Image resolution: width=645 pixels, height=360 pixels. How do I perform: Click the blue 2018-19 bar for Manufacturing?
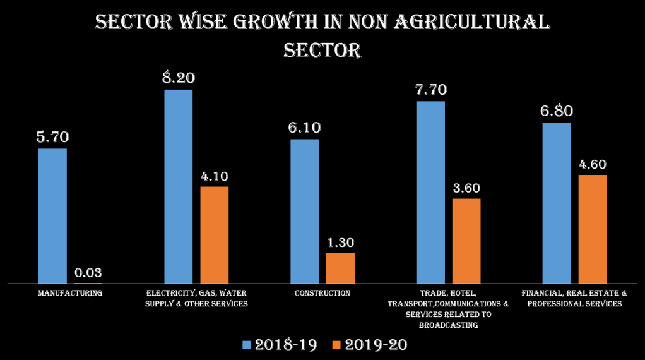(x=52, y=215)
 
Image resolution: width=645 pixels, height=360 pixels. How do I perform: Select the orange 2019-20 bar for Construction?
(x=340, y=268)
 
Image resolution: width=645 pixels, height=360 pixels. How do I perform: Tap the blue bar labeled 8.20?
(x=179, y=186)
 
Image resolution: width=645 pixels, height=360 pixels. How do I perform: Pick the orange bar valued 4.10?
(x=214, y=234)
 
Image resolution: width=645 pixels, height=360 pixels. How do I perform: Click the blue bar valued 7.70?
(x=431, y=192)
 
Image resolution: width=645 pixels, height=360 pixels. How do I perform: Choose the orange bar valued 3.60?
(x=466, y=241)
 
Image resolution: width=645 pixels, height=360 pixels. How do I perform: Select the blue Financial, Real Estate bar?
(x=557, y=203)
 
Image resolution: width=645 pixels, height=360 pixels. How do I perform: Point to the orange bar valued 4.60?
(x=592, y=229)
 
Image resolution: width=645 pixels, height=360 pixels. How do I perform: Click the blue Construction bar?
(x=304, y=211)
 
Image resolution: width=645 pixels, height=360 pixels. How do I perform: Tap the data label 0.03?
(x=88, y=273)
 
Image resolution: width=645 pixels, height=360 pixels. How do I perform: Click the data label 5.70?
(x=52, y=137)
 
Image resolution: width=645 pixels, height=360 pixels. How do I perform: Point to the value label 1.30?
(x=340, y=243)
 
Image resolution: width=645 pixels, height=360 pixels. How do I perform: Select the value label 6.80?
(x=556, y=111)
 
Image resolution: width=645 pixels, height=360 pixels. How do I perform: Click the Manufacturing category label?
(x=70, y=293)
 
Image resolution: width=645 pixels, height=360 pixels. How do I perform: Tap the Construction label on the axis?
(x=322, y=293)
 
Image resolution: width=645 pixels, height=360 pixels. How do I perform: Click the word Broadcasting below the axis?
(x=448, y=325)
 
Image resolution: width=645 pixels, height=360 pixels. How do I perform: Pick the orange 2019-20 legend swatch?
(x=336, y=345)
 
